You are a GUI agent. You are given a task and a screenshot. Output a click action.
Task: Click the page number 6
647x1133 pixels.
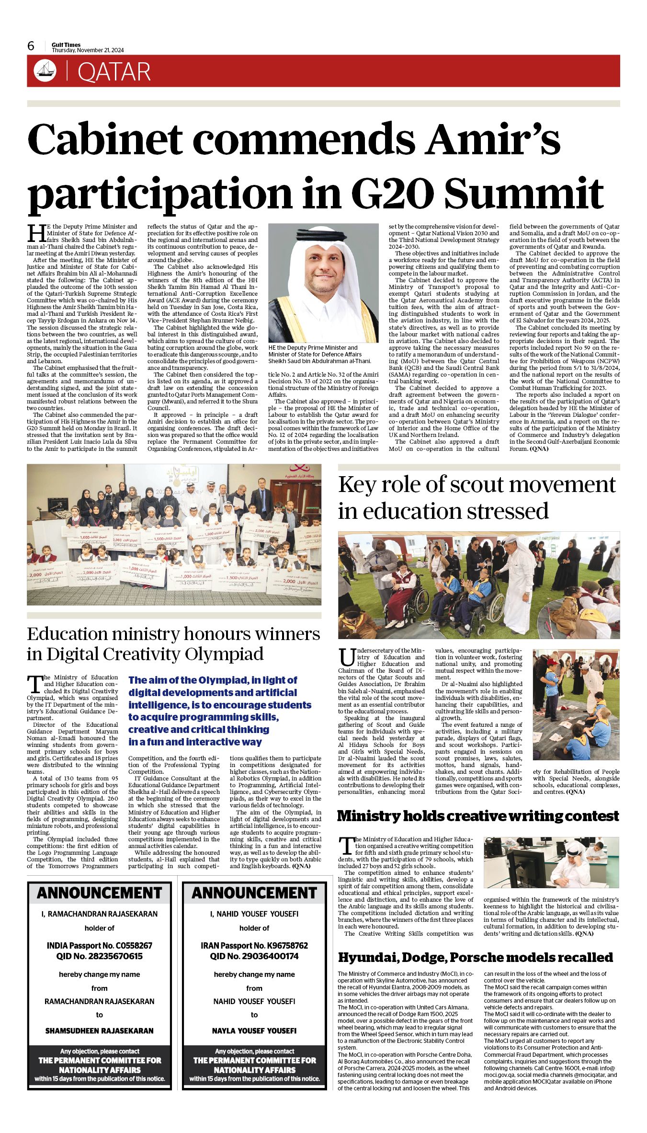coord(31,46)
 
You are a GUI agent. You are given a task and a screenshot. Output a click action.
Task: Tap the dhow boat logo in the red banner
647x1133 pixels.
coord(45,71)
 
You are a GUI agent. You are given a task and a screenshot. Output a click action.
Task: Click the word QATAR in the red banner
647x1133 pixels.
coord(114,72)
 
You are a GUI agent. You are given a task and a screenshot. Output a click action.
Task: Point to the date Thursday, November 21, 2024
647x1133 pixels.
coord(88,50)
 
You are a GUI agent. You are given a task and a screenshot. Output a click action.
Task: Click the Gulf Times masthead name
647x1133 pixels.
coord(66,45)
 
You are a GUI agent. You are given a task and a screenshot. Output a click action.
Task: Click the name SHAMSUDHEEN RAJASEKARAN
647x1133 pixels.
coord(100,1030)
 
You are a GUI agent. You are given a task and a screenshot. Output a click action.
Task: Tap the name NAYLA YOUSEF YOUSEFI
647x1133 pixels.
coord(254,1030)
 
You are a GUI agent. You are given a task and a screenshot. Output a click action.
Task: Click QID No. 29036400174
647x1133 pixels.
coord(254,956)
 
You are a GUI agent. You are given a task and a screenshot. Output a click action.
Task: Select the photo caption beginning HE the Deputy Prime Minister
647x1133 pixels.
coord(319,354)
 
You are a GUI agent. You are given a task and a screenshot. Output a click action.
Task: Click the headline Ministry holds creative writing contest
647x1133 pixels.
coord(478,816)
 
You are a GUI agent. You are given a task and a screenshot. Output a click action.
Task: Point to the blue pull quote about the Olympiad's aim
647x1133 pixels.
coord(220,711)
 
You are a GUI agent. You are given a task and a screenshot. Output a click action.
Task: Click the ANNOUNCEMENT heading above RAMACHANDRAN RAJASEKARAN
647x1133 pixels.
coord(100,893)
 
